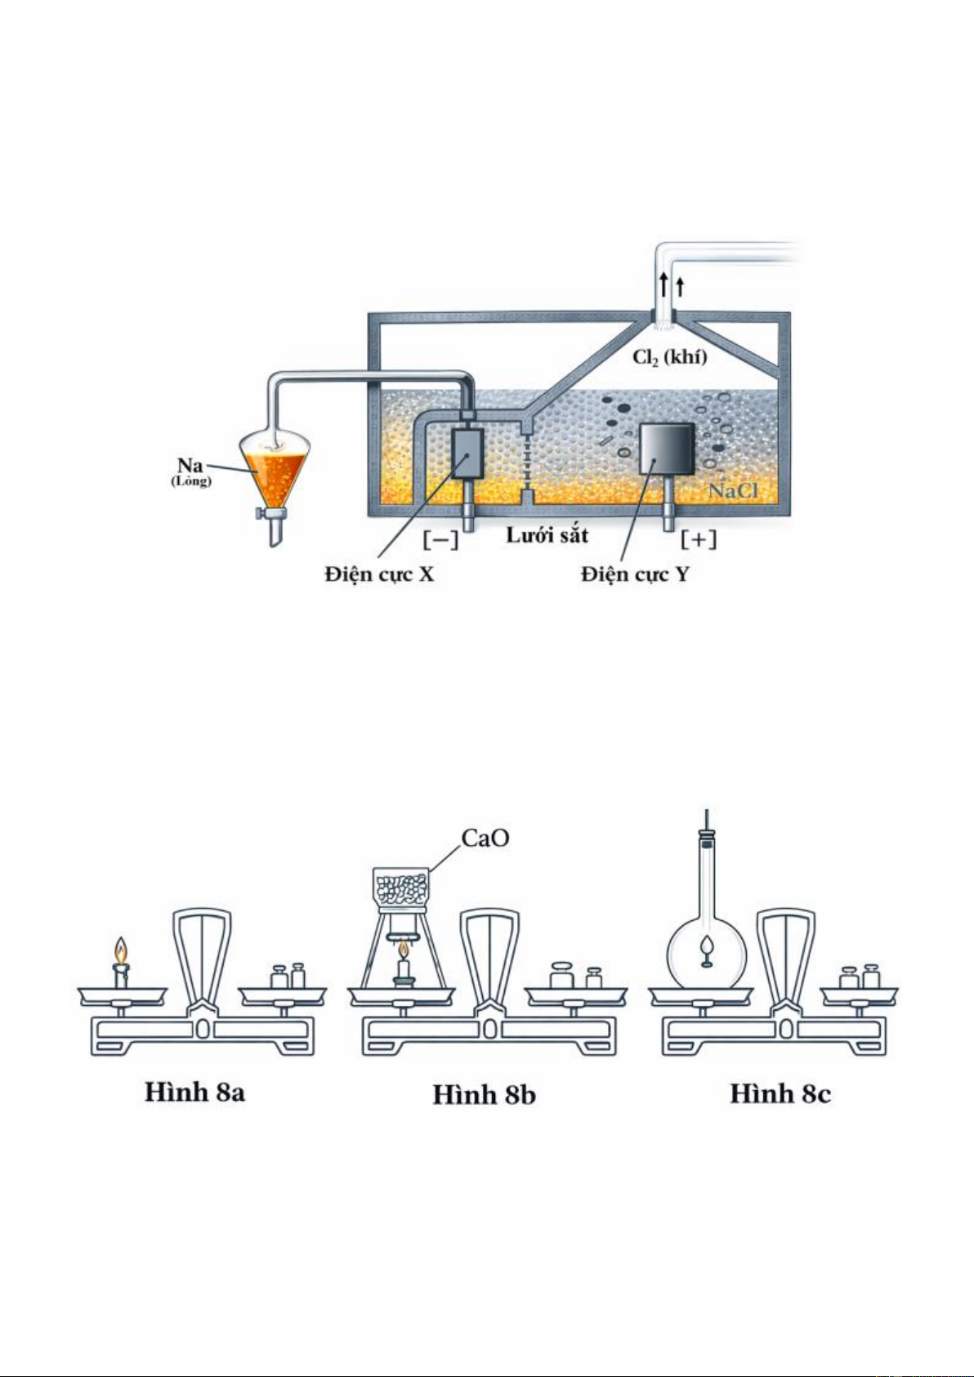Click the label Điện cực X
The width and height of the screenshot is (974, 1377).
(380, 574)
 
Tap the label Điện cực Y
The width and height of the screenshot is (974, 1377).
(635, 574)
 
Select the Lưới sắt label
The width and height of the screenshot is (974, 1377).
(547, 535)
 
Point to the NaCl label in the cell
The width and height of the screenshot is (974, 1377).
(733, 490)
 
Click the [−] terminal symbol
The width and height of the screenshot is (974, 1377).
(440, 540)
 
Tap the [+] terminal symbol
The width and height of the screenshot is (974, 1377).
(699, 540)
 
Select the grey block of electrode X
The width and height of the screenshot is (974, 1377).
(468, 453)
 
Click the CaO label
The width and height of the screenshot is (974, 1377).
(485, 838)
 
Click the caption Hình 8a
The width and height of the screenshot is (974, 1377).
(194, 1093)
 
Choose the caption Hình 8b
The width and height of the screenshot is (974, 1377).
(484, 1094)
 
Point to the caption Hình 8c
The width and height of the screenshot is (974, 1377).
(780, 1093)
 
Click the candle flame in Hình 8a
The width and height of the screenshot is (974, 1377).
(121, 950)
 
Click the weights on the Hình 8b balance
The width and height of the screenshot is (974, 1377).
(575, 977)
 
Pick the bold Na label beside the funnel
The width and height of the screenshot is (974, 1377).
(190, 466)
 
